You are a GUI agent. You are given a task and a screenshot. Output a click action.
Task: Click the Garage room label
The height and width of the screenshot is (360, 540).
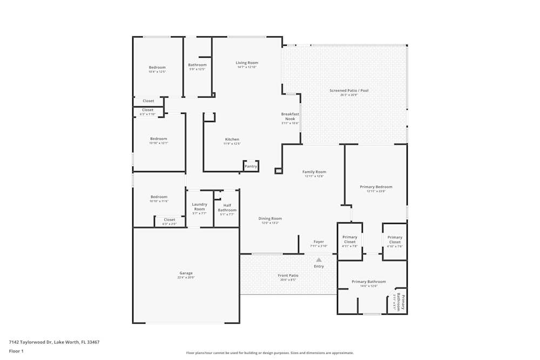point(186,273)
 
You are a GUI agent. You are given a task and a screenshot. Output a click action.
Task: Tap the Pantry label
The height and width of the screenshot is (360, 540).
point(251,166)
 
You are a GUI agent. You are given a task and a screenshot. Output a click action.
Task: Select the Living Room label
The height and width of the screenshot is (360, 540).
point(247,63)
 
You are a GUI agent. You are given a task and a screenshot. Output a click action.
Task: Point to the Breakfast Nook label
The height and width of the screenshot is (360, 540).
point(290,116)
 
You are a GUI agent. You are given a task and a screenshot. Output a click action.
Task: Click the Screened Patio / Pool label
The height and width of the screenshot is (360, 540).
point(349,91)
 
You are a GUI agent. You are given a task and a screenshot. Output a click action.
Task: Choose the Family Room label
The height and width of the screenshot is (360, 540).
point(314,172)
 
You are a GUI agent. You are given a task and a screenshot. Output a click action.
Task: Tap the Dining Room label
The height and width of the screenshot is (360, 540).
point(269,219)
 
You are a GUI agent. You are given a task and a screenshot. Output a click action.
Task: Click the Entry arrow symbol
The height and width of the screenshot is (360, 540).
point(319,260)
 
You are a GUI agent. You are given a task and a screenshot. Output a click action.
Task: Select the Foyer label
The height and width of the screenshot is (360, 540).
point(319,242)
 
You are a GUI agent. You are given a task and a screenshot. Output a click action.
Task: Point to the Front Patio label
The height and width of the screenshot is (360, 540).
point(288,275)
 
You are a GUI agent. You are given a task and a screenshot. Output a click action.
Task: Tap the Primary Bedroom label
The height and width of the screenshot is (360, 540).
point(376,187)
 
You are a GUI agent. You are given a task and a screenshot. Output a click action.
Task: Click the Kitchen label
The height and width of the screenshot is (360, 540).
point(232,139)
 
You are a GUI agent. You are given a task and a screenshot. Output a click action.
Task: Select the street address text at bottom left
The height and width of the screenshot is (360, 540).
point(54,342)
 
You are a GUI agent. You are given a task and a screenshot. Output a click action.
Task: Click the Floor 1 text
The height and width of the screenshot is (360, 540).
point(16,351)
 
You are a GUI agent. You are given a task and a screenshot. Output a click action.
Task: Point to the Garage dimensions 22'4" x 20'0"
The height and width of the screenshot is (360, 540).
point(186,277)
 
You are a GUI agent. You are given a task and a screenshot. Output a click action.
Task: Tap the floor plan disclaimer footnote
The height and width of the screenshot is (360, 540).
point(269,352)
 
